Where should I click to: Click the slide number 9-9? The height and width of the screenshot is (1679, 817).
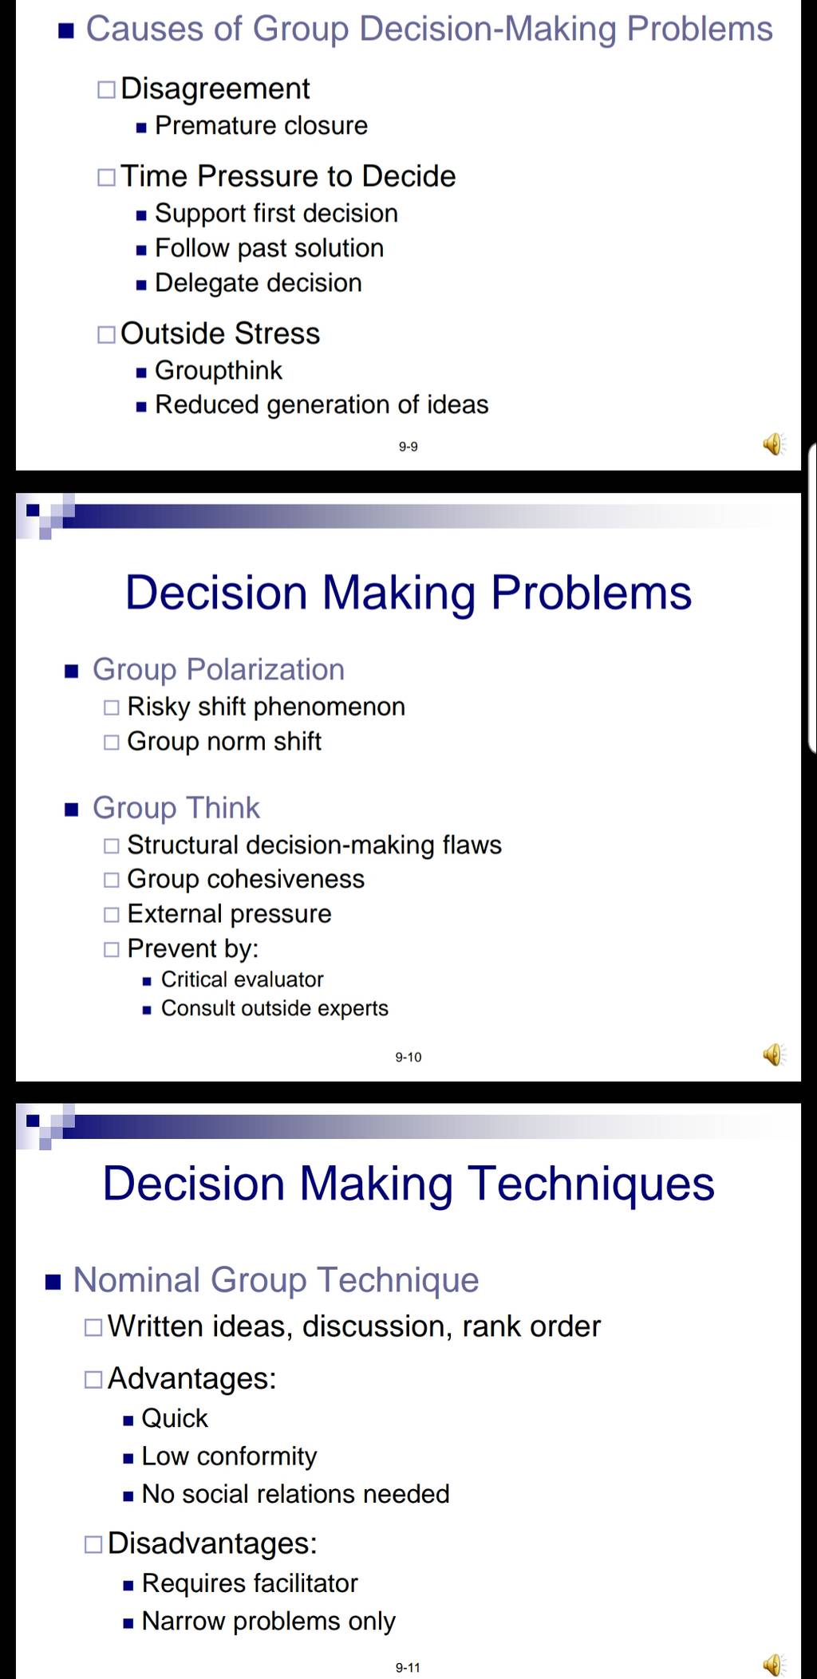(x=408, y=447)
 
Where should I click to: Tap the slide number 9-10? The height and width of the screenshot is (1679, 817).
(x=408, y=1057)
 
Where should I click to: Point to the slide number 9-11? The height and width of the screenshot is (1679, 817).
(x=408, y=1667)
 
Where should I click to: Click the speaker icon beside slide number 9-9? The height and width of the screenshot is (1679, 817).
(x=774, y=443)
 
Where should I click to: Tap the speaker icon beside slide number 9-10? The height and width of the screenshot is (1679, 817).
(x=774, y=1054)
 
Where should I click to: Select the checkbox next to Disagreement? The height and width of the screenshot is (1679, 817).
(x=106, y=89)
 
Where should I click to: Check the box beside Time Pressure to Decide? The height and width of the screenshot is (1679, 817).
(x=106, y=177)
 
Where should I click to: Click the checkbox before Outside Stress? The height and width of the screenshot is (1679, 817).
(x=106, y=334)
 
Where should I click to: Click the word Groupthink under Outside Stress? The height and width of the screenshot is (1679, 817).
(x=219, y=371)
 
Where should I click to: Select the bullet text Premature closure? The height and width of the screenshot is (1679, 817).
(x=261, y=126)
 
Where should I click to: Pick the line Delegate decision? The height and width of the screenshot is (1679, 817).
(x=259, y=283)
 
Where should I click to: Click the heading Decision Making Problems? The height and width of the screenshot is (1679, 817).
(x=408, y=593)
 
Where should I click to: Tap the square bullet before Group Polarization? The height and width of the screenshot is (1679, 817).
(x=72, y=672)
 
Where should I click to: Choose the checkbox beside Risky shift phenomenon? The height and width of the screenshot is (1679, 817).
(x=112, y=707)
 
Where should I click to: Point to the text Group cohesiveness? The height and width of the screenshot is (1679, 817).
(x=246, y=879)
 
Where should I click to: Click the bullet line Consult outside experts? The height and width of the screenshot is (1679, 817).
(x=274, y=1009)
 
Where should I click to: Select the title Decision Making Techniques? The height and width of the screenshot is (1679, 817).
(x=408, y=1184)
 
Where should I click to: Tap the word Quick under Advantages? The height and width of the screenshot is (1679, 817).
(x=175, y=1419)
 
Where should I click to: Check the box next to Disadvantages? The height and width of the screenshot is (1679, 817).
(x=93, y=1544)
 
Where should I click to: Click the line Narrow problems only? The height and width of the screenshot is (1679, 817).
(x=269, y=1622)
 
